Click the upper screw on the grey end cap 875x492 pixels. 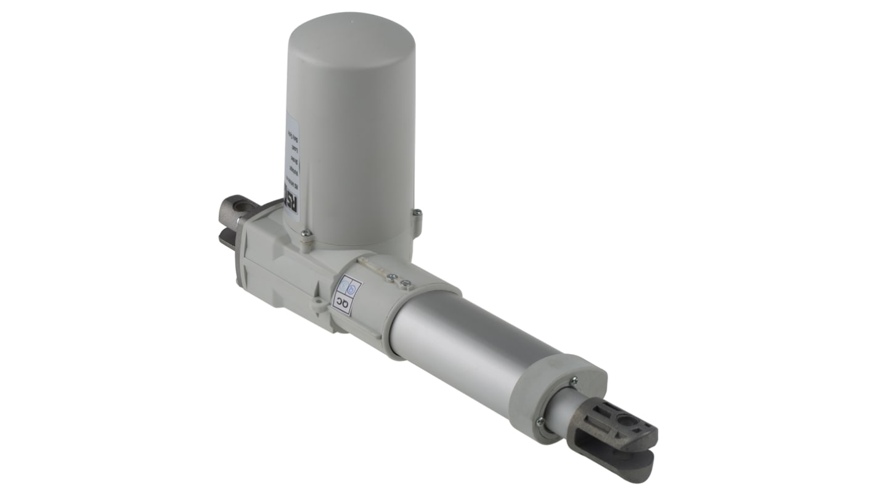coord(574,381)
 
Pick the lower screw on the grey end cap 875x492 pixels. coord(540,421)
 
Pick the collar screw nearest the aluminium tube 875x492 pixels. coord(405,284)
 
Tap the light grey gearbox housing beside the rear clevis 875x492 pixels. coord(280,259)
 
